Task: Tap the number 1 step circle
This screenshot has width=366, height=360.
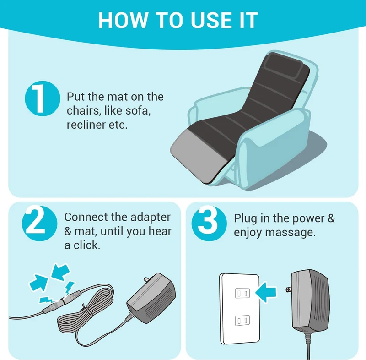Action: (x=43, y=98)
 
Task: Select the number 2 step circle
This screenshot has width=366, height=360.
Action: (x=39, y=223)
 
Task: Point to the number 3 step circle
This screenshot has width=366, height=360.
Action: (x=209, y=223)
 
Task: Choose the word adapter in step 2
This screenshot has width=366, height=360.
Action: (x=151, y=218)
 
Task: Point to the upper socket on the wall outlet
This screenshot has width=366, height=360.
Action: (x=242, y=293)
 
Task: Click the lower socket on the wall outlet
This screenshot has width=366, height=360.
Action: (x=242, y=320)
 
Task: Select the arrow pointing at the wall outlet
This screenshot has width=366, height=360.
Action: (x=266, y=292)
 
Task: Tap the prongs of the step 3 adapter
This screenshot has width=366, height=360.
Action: (x=289, y=289)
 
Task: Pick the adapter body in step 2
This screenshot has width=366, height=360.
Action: (x=152, y=298)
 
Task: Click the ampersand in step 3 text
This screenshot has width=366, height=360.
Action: (x=331, y=218)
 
